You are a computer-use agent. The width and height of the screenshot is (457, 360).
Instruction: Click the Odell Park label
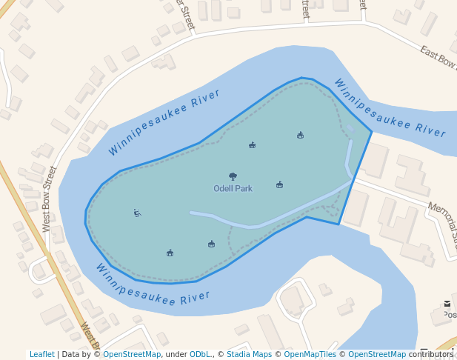(233, 189)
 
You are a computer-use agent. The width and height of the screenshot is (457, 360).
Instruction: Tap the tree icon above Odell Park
(233, 176)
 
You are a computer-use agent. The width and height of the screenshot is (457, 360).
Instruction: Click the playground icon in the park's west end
(137, 213)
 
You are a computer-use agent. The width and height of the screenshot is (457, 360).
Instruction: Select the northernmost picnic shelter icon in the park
(300, 135)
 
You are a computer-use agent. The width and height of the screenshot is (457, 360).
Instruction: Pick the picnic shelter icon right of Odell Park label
(279, 184)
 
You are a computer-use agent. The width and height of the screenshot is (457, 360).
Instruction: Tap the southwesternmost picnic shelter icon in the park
(170, 253)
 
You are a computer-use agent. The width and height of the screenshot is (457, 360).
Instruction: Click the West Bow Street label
(50, 199)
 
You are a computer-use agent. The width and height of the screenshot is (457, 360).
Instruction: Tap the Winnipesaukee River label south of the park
(153, 285)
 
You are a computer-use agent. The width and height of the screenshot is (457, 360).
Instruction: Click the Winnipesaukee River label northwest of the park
(164, 122)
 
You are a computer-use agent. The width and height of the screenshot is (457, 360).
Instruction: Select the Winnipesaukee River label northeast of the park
(390, 108)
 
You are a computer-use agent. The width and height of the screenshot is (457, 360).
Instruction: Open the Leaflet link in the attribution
(41, 354)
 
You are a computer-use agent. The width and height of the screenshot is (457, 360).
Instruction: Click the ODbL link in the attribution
(200, 354)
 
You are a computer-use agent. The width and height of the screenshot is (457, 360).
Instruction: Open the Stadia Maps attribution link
(249, 354)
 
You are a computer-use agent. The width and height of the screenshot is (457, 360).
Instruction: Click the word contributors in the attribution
(431, 354)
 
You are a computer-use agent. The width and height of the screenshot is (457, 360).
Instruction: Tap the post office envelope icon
(447, 304)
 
